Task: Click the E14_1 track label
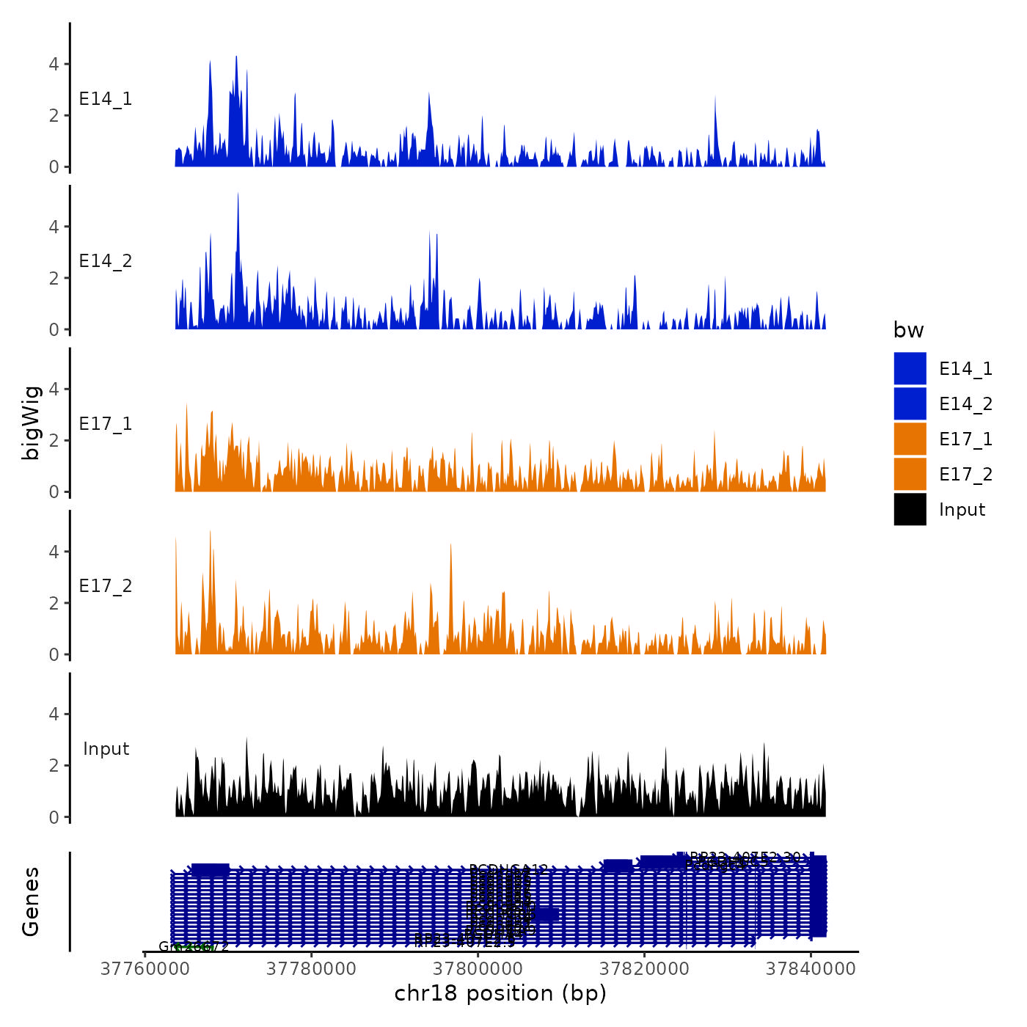(x=106, y=99)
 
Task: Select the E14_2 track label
(x=106, y=261)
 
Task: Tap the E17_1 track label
(x=106, y=424)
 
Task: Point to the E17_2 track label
(x=106, y=586)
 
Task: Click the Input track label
(x=106, y=749)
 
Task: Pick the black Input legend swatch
(x=910, y=509)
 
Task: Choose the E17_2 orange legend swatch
(x=910, y=474)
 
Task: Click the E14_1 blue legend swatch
(x=910, y=368)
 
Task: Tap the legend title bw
(x=908, y=331)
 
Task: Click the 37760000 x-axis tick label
(x=145, y=969)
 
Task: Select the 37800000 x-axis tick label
(x=478, y=969)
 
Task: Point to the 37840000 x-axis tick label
(x=811, y=969)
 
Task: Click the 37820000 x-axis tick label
(x=644, y=969)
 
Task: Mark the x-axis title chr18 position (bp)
(x=500, y=993)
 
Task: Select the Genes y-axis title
(x=31, y=902)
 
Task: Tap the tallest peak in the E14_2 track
(x=238, y=194)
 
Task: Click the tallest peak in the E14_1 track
(x=236, y=57)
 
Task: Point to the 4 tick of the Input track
(x=54, y=714)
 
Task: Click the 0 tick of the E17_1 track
(x=54, y=491)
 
